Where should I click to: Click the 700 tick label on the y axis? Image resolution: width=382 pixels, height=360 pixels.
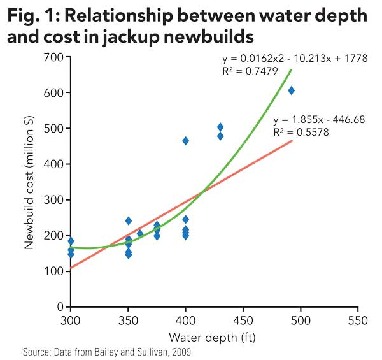pyautogui.click(x=53, y=57)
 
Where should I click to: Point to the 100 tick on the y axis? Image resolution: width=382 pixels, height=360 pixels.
pyautogui.click(x=53, y=271)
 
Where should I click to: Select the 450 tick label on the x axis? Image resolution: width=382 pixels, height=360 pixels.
pyautogui.click(x=243, y=319)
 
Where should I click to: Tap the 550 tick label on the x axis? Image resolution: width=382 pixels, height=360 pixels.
pyautogui.click(x=358, y=319)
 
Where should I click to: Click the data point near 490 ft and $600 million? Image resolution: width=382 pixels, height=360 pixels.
pyautogui.click(x=291, y=90)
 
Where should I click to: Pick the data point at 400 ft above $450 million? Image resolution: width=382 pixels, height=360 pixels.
pyautogui.click(x=185, y=141)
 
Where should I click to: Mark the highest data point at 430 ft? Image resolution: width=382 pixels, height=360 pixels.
pyautogui.click(x=220, y=127)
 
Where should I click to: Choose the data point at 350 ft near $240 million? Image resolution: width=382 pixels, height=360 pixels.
pyautogui.click(x=129, y=221)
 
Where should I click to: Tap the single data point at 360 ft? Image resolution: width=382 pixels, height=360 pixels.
pyautogui.click(x=140, y=234)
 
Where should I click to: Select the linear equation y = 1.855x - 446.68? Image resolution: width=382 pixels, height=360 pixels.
pyautogui.click(x=318, y=119)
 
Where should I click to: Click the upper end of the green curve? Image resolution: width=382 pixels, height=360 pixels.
pyautogui.click(x=292, y=69)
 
